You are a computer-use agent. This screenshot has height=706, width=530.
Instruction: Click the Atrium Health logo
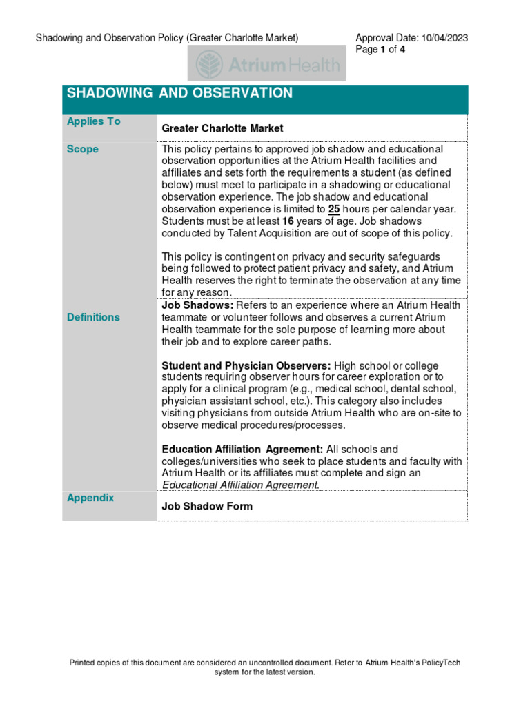268,64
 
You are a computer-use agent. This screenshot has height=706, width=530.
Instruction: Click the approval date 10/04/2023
444,38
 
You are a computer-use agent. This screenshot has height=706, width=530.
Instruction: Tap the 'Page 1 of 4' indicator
380,50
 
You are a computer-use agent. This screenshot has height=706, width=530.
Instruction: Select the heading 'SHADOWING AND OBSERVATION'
179,93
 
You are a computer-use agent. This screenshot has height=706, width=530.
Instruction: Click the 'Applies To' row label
93,121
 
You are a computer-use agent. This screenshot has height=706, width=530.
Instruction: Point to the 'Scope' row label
82,149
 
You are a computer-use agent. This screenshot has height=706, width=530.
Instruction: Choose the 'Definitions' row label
93,317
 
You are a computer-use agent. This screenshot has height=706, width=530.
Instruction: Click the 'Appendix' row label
90,498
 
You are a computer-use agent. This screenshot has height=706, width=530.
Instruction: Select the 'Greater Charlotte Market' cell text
222,128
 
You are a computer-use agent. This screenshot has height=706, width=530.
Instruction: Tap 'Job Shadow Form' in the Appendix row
207,506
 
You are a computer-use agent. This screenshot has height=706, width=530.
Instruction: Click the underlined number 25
334,209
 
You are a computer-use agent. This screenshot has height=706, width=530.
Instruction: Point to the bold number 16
289,221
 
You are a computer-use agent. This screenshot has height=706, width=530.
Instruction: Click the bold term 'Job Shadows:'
197,305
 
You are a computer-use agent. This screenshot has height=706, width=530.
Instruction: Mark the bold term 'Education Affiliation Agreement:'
242,450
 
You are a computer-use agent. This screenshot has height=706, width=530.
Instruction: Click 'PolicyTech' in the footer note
436,663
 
